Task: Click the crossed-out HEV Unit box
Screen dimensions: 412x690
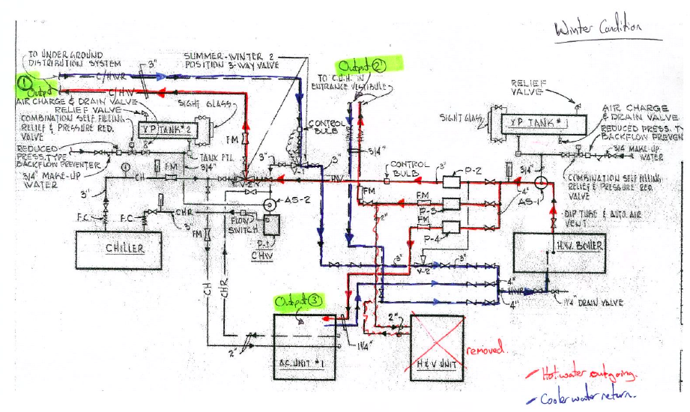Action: coord(437,348)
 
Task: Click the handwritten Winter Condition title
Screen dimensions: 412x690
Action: coord(597,28)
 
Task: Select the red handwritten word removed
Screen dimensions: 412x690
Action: coord(485,350)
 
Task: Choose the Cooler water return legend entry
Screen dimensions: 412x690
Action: coord(587,395)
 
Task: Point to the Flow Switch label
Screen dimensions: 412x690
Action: coord(242,225)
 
